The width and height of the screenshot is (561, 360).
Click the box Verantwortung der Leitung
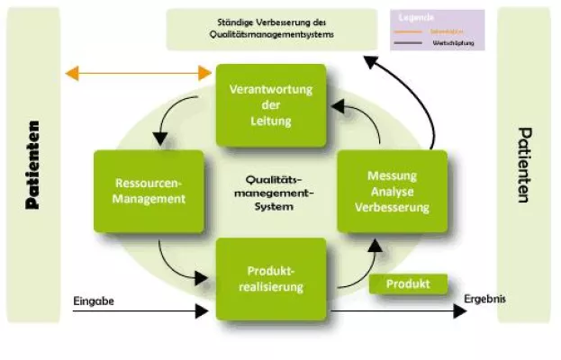[x=271, y=105]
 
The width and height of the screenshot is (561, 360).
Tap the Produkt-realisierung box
[x=271, y=278]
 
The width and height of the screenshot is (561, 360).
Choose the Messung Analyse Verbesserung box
[x=392, y=191]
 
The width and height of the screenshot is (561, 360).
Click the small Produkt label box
[x=408, y=284]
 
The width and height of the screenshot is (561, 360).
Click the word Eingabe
[x=94, y=300]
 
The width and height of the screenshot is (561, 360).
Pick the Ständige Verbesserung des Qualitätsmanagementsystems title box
[x=271, y=30]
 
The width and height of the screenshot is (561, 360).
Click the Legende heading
[x=417, y=18]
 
